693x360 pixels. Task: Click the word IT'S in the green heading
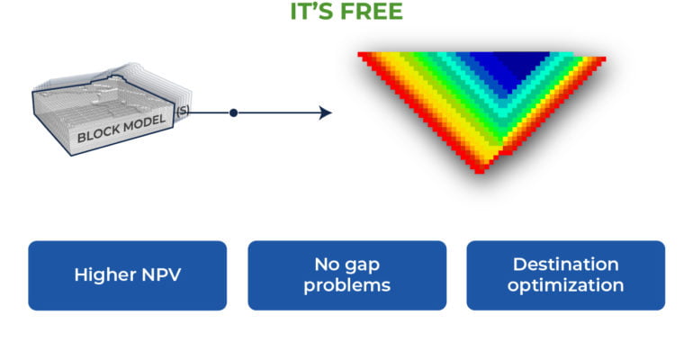tap(311, 12)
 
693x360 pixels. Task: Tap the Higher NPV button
tap(127, 275)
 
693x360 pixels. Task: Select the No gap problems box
tap(346, 275)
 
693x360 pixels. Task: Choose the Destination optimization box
tap(565, 275)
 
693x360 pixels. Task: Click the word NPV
tap(159, 275)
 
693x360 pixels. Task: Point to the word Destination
tap(565, 265)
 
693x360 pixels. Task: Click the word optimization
tap(565, 285)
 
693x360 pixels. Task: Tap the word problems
tap(346, 285)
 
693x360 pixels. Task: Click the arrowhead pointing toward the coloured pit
tap(325, 112)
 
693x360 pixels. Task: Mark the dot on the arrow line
tap(233, 112)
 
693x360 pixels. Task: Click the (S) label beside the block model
tap(183, 111)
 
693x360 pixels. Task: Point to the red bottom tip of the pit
tap(480, 167)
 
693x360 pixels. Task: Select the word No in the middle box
tap(326, 265)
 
